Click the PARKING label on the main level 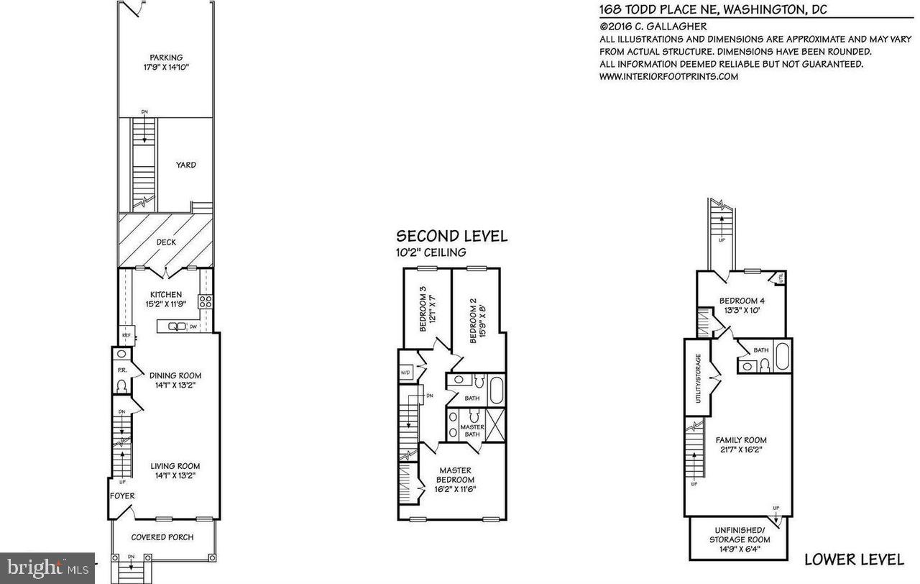point(166,58)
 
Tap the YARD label point(185,165)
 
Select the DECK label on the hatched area point(166,242)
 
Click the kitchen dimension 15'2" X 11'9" point(165,305)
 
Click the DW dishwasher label point(193,327)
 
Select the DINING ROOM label point(175,375)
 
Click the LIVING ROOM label point(175,466)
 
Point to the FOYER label point(122,496)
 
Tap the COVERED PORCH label point(162,537)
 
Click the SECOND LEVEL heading point(452,236)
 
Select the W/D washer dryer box point(406,373)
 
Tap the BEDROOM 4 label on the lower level point(742,301)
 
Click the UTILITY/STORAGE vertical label point(698,378)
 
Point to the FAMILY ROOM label point(740,440)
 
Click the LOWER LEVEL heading point(854,559)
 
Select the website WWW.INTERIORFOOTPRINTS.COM point(668,76)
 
